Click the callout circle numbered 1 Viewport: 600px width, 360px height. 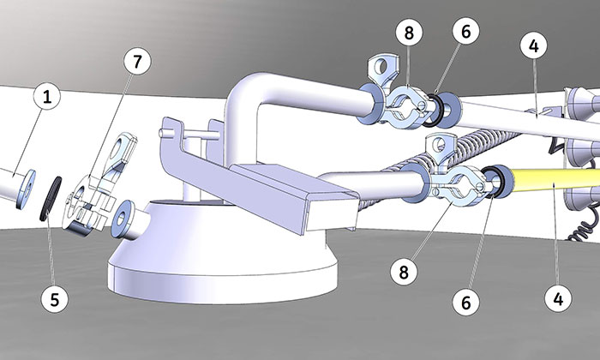[46, 96]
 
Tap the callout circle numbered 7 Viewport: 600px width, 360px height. [137, 61]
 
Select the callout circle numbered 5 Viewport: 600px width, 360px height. [55, 299]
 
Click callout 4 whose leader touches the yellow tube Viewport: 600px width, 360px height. [558, 298]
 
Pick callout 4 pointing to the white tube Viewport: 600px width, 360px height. [534, 45]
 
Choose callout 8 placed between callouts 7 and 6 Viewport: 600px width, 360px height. [409, 32]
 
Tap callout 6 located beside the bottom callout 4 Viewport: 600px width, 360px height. [465, 303]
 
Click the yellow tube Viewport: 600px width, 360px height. [555, 181]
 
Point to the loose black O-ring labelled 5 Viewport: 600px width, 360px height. [51, 199]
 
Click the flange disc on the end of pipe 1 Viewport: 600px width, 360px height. [26, 189]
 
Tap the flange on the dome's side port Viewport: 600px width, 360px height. [123, 219]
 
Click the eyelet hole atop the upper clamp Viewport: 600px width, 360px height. [381, 68]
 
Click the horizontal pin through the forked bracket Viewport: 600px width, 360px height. [189, 135]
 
